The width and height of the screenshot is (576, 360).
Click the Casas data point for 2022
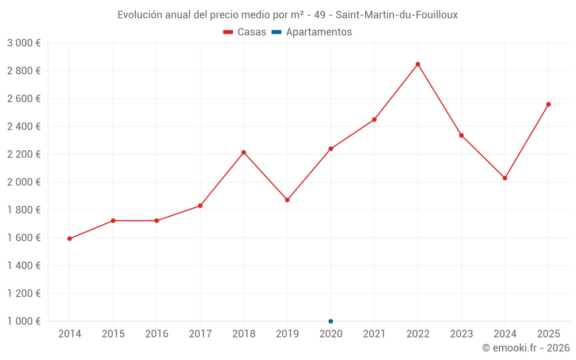tap(418, 65)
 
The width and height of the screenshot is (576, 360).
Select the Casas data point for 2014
tap(70, 239)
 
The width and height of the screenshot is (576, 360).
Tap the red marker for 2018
tap(244, 153)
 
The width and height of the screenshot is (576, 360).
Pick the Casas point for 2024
tap(505, 178)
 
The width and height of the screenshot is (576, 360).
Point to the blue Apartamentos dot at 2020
tap(331, 321)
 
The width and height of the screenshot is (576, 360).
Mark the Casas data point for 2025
tap(548, 104)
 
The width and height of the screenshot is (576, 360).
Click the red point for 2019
tap(287, 200)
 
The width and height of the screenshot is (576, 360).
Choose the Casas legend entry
tap(245, 32)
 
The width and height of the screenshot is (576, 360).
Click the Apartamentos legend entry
tap(312, 32)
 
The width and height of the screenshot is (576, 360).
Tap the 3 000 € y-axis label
tap(24, 43)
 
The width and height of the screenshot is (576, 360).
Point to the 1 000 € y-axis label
tap(24, 321)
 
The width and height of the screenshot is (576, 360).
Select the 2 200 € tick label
tap(24, 154)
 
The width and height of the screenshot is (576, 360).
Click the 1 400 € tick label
tap(24, 265)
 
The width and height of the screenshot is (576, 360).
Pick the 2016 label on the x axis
tap(157, 334)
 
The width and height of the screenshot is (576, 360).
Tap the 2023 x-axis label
tap(461, 334)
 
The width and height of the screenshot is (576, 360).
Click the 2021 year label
tap(374, 334)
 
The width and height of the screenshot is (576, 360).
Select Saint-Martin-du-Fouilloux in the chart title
tap(397, 15)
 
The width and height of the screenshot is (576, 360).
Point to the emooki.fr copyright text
tap(526, 347)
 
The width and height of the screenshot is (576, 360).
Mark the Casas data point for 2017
tap(200, 206)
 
